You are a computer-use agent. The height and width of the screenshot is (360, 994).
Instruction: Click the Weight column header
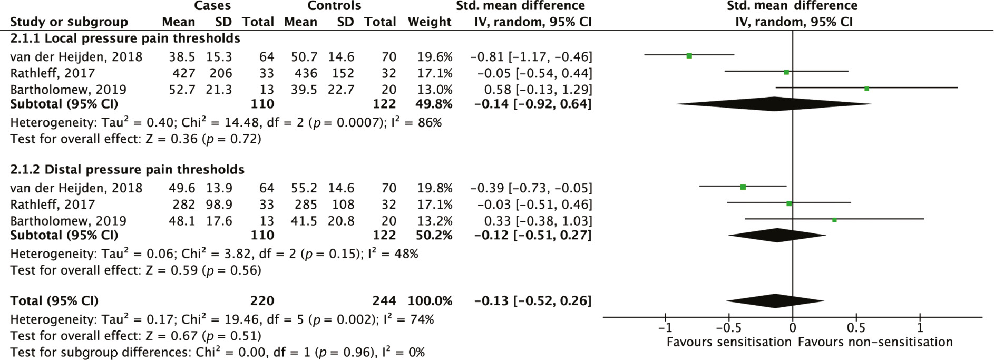pos(429,22)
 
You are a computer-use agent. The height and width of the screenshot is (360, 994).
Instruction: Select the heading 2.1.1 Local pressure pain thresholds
pos(125,38)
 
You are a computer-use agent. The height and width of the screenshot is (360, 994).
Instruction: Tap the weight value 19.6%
pos(435,57)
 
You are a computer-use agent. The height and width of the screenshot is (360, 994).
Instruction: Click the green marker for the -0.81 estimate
pos(689,55)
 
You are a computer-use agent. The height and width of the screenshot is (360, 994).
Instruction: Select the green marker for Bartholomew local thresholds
pos(866,89)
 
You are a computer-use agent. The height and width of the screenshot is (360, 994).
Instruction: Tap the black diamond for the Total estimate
pos(775,301)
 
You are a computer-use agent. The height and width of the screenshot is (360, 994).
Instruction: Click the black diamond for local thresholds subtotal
pos(774,104)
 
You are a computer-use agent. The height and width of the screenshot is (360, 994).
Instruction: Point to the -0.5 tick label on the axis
pos(728,328)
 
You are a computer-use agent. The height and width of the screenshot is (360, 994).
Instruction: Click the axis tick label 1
pos(920,328)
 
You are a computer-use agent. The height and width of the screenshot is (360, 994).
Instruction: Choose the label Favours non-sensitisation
pos(875,342)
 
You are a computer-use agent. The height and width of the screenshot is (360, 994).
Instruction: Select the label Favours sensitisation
pos(729,342)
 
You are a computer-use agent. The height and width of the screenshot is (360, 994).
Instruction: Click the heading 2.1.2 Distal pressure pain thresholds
pos(127,170)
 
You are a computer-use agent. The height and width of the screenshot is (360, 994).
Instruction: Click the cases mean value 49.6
pos(182,188)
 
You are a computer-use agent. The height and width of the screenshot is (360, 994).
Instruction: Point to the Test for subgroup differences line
pos(217,352)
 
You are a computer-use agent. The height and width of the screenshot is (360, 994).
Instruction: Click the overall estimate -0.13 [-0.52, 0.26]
pos(533,301)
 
